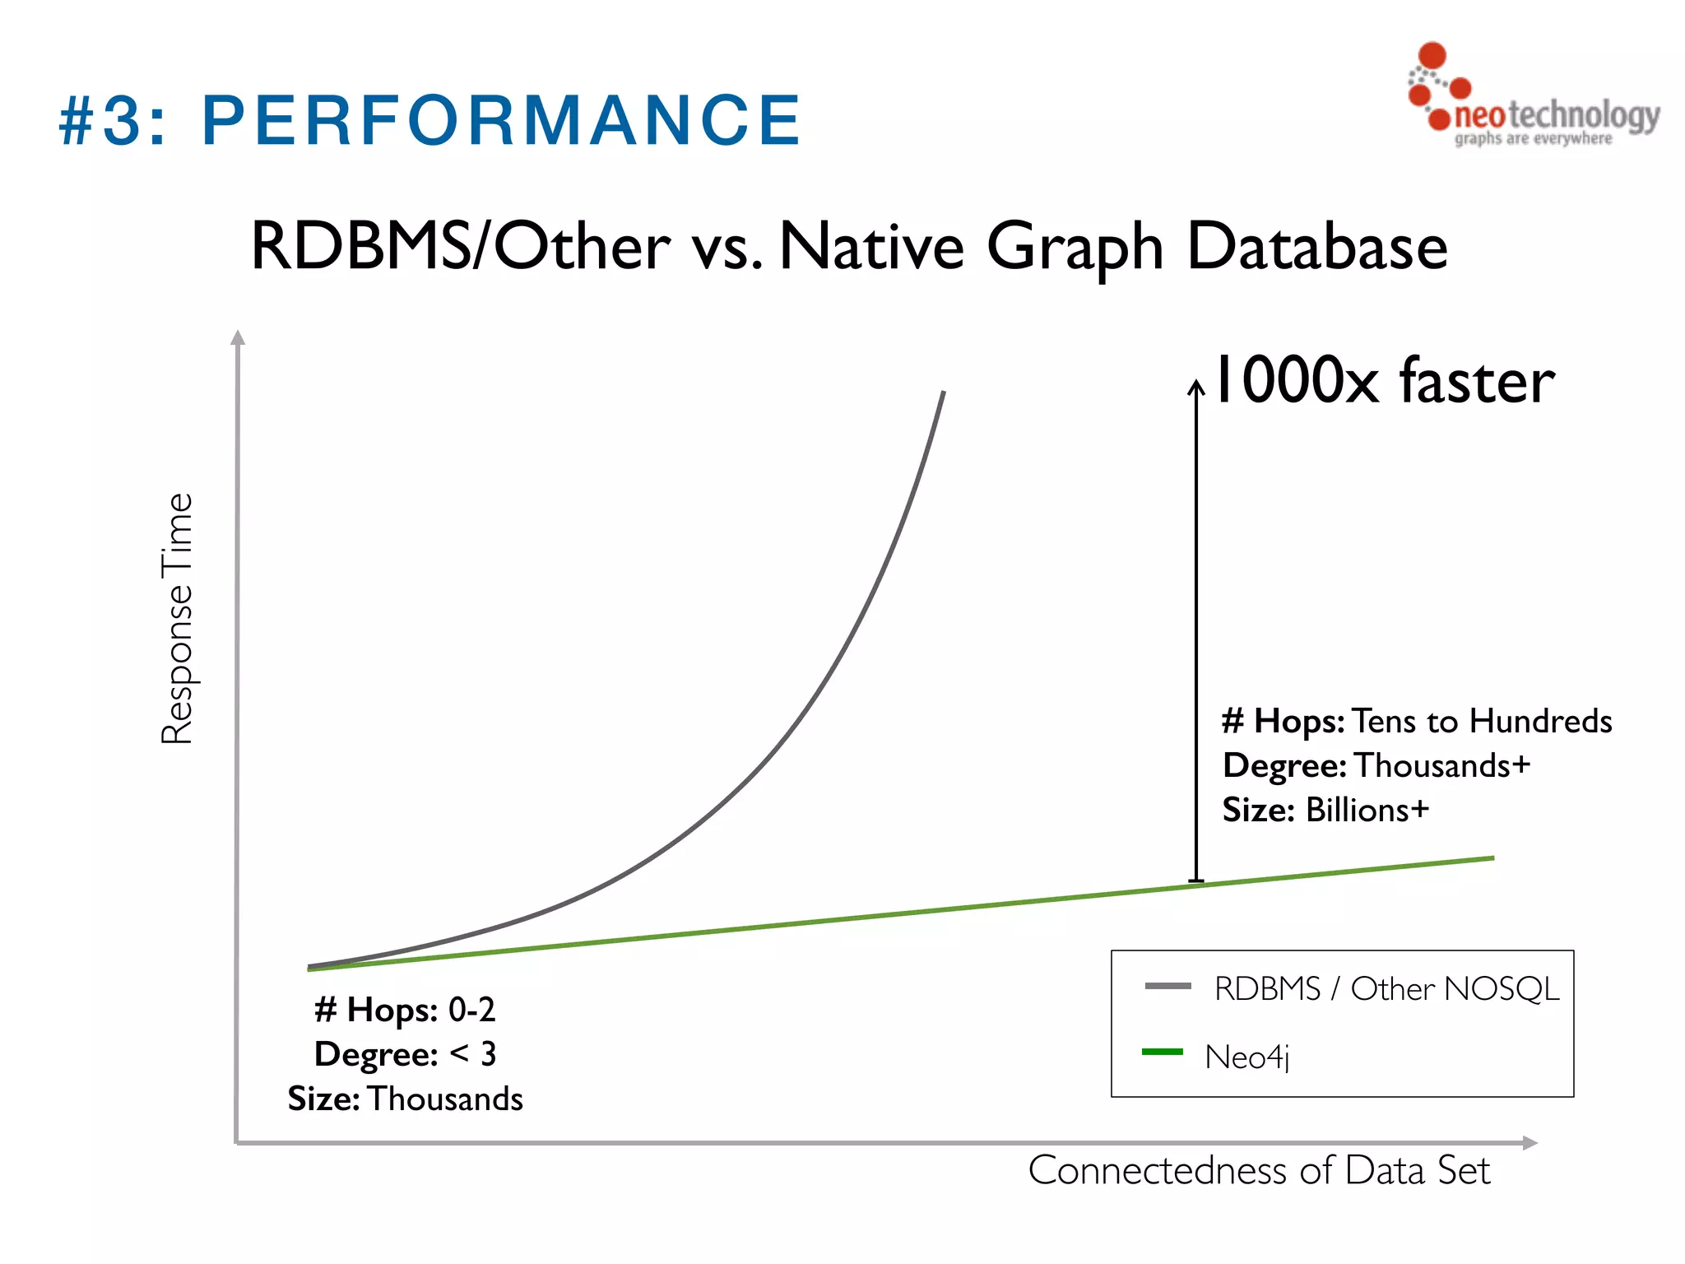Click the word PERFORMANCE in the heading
[500, 121]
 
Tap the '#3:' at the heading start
[113, 121]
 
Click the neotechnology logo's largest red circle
[1432, 55]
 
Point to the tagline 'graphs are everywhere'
[1533, 138]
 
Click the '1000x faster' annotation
[1385, 380]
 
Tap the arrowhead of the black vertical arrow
[1196, 386]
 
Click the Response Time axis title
[177, 619]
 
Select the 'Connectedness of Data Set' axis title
[1259, 1170]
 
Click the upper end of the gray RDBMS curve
[943, 394]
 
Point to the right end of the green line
[1491, 858]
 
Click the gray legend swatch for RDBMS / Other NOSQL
[1167, 986]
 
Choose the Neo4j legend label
[1246, 1057]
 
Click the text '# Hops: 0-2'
[405, 1010]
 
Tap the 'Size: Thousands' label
[405, 1099]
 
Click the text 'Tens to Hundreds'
[1482, 721]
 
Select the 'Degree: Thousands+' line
[1376, 765]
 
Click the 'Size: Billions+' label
[1325, 810]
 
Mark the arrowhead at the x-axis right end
[1529, 1142]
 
